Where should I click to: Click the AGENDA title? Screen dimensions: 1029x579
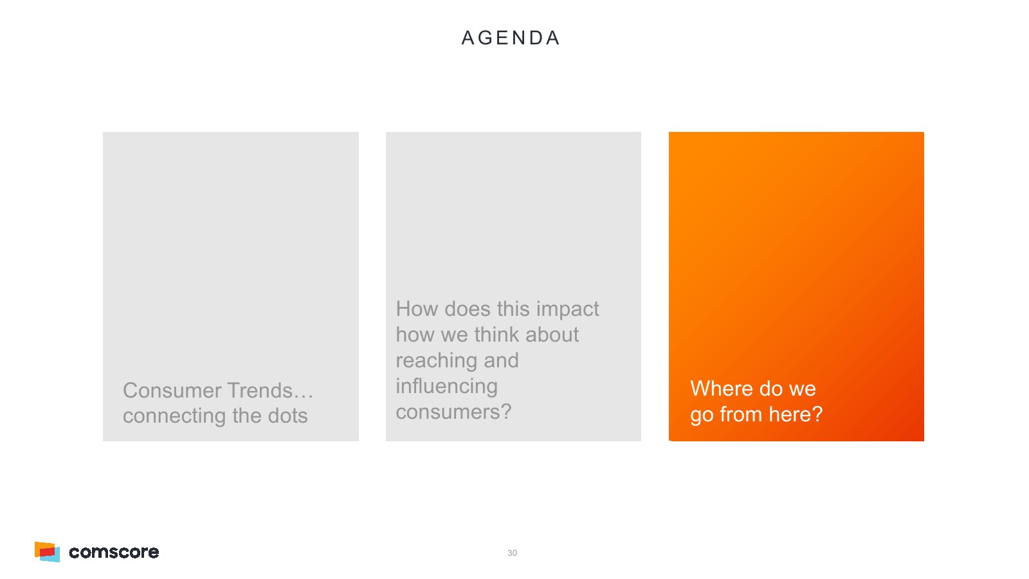pyautogui.click(x=511, y=38)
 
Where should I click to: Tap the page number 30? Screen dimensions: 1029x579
pyautogui.click(x=512, y=553)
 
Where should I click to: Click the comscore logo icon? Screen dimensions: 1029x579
pyautogui.click(x=48, y=552)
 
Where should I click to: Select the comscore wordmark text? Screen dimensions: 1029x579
pyautogui.click(x=114, y=552)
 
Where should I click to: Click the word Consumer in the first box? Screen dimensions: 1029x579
pyautogui.click(x=172, y=391)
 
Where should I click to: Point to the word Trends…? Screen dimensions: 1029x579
pyautogui.click(x=270, y=391)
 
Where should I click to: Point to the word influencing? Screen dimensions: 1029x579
pyautogui.click(x=446, y=387)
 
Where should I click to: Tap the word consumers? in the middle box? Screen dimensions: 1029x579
pyautogui.click(x=453, y=412)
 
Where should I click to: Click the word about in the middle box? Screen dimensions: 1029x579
pyautogui.click(x=552, y=335)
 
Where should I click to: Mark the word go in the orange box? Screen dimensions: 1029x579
pyautogui.click(x=702, y=416)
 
